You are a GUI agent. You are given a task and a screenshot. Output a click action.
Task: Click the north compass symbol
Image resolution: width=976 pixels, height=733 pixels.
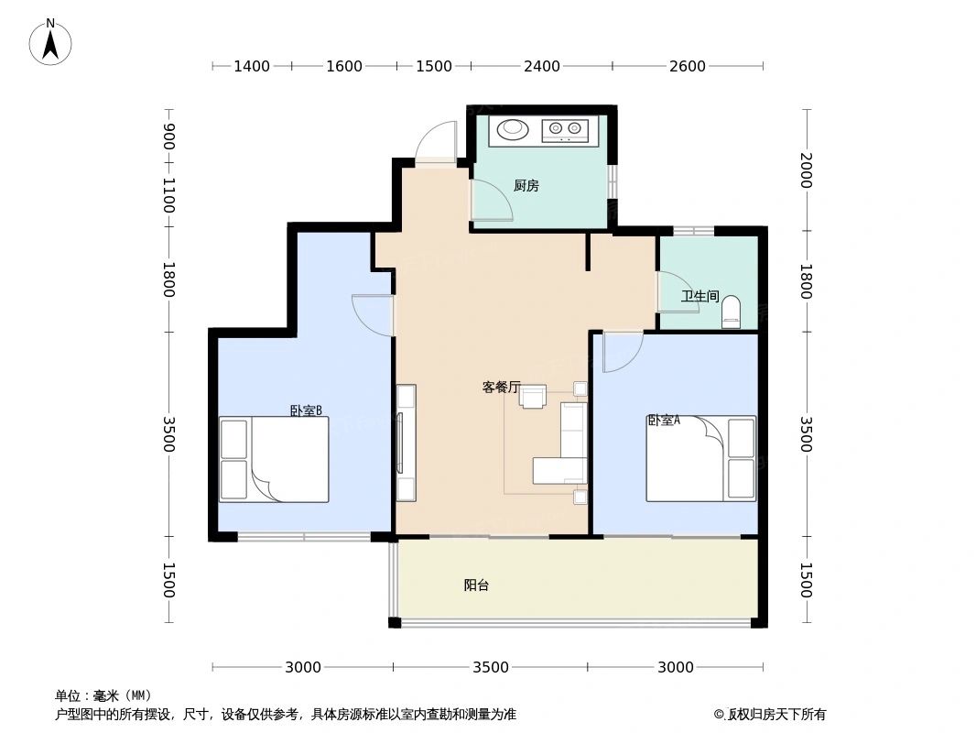[x=50, y=42]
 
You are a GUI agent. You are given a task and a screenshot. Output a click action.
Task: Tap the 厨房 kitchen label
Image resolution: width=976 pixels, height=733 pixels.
[x=526, y=186]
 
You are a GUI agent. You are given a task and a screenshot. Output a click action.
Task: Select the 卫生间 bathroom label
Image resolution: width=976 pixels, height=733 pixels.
[x=699, y=297]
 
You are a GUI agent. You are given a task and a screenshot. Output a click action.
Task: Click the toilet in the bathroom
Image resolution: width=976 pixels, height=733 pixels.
[x=731, y=312]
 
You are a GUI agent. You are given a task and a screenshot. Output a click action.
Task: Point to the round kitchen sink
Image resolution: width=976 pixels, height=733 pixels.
[x=513, y=129]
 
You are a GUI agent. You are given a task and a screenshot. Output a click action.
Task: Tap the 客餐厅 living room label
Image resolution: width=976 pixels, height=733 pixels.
[x=500, y=388]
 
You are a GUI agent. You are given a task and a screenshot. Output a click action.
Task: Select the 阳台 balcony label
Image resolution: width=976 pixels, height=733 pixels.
[x=476, y=585]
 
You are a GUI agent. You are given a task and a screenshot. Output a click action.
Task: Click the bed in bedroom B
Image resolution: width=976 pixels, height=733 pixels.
[x=274, y=459]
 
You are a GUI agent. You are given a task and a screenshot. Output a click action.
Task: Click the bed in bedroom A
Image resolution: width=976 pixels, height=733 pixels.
[x=700, y=459]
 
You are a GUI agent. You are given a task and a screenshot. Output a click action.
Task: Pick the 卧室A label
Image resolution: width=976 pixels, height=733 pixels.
[x=664, y=421]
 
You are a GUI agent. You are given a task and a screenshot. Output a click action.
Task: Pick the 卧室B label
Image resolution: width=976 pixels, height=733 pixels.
[x=306, y=410]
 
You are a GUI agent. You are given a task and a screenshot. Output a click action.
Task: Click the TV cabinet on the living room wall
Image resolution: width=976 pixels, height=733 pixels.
[x=406, y=443]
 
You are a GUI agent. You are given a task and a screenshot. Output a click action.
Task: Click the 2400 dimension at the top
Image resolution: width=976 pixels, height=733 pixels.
[x=542, y=66]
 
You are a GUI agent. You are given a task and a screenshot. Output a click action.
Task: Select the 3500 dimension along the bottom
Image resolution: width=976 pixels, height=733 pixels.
[x=491, y=667]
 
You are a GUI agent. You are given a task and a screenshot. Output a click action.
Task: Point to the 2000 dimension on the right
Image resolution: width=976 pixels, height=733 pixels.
[x=806, y=170]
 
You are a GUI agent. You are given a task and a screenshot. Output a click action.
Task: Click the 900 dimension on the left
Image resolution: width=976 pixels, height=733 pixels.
[x=168, y=137]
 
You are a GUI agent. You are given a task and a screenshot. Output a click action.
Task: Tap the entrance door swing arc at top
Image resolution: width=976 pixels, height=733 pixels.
[x=436, y=140]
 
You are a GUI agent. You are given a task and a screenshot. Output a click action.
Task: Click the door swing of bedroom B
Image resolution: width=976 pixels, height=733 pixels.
[x=372, y=314]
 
